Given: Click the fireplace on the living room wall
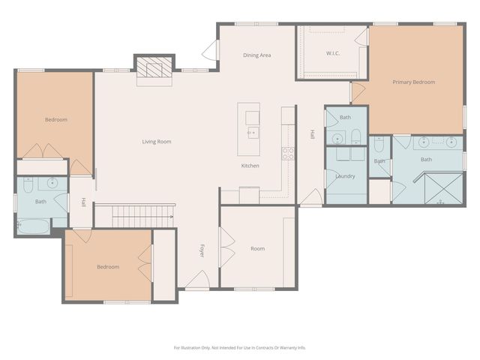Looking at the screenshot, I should pyautogui.click(x=154, y=70).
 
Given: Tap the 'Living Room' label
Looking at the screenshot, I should pyautogui.click(x=157, y=142).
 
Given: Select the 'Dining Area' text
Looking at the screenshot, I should pyautogui.click(x=256, y=55).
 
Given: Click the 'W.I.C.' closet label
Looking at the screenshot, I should pyautogui.click(x=334, y=53).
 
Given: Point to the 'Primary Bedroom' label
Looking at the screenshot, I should pyautogui.click(x=414, y=82).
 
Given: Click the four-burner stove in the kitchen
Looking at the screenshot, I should pyautogui.click(x=287, y=153).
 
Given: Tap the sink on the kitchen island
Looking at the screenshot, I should pyautogui.click(x=252, y=132).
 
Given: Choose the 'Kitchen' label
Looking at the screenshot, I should pyautogui.click(x=250, y=166).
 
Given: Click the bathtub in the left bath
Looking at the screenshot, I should pyautogui.click(x=34, y=226).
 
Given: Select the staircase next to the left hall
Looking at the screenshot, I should pyautogui.click(x=142, y=217).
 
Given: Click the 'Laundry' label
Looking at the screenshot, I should pyautogui.click(x=345, y=176).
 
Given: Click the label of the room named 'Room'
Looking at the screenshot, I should pyautogui.click(x=257, y=249).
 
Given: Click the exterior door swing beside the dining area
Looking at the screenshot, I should pyautogui.click(x=210, y=51).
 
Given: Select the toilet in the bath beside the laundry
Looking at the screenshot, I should pyautogui.click(x=355, y=137).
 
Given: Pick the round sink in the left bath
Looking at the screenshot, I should pyautogui.click(x=52, y=182).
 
